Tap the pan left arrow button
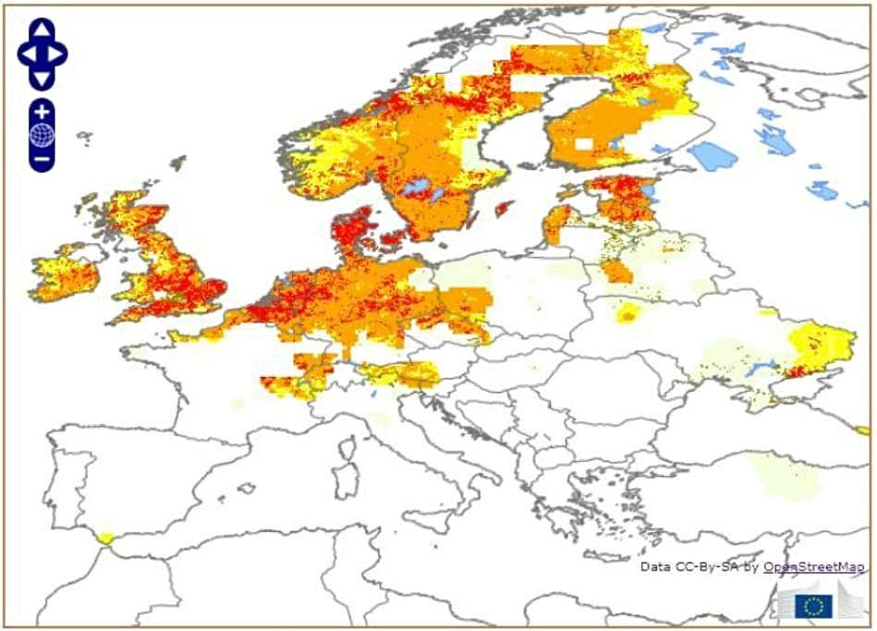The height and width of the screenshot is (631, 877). tap(28, 55)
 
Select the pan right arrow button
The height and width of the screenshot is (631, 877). tap(57, 55)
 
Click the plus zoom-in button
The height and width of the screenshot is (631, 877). tap(42, 110)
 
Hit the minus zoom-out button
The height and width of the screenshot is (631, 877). tap(42, 159)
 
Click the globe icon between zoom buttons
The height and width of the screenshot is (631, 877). tap(42, 135)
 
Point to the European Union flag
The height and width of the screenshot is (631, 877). tap(814, 604)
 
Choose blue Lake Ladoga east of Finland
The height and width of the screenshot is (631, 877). tap(711, 154)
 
